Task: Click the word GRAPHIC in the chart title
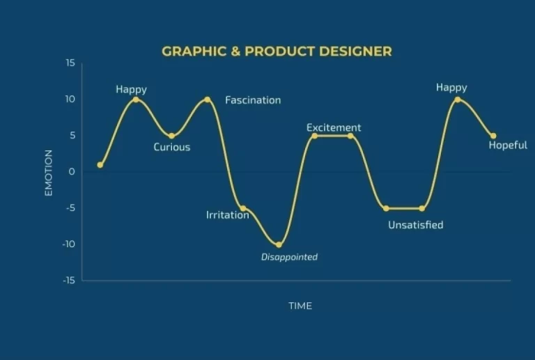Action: pyautogui.click(x=194, y=52)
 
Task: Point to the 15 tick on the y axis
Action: pyautogui.click(x=70, y=63)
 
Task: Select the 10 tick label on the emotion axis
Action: pyautogui.click(x=70, y=99)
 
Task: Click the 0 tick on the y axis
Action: pyautogui.click(x=71, y=171)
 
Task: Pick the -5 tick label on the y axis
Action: pyautogui.click(x=70, y=208)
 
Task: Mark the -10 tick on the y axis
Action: pyautogui.click(x=68, y=244)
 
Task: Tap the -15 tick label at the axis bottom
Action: pyautogui.click(x=68, y=280)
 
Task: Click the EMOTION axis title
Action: pyautogui.click(x=49, y=173)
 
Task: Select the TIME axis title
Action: pyautogui.click(x=300, y=306)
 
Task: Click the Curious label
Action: pyautogui.click(x=171, y=147)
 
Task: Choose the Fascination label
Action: pyautogui.click(x=253, y=100)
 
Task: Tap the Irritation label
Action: pyautogui.click(x=228, y=215)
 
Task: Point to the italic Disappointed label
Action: pyautogui.click(x=289, y=257)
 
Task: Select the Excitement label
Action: pyautogui.click(x=334, y=127)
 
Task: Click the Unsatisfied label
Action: pyautogui.click(x=416, y=225)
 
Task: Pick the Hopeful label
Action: pyautogui.click(x=508, y=146)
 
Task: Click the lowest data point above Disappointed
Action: pyautogui.click(x=279, y=244)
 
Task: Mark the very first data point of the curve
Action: pyautogui.click(x=100, y=165)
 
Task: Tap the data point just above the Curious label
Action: pyautogui.click(x=171, y=136)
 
